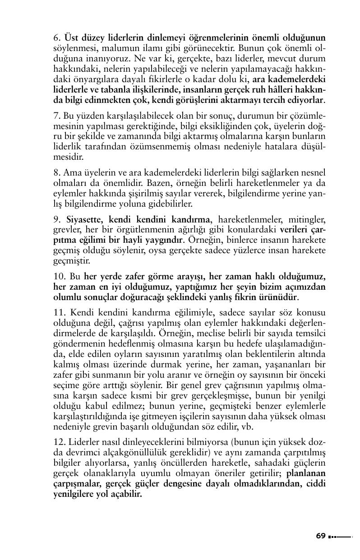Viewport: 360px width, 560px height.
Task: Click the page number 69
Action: tap(320, 536)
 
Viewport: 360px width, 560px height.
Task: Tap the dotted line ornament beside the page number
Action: tap(340, 537)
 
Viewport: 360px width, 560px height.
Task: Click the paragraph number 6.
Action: tap(56, 37)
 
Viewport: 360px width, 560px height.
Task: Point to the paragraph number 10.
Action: tap(59, 276)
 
